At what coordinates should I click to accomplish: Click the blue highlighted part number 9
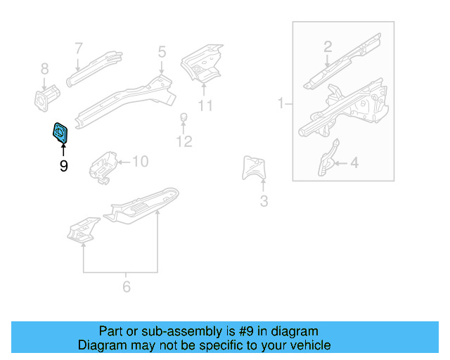coord(61,131)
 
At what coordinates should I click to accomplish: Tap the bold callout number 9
coord(63,166)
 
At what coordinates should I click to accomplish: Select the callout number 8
coord(44,69)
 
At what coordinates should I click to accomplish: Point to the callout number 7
coord(79,48)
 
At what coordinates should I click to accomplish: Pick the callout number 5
coord(162,51)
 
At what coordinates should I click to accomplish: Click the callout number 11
coord(205,105)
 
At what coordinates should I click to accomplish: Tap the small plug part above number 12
coord(183,117)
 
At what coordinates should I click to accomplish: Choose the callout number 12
coord(184,141)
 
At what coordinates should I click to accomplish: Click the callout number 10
coord(140,162)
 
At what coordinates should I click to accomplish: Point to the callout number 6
coord(127,286)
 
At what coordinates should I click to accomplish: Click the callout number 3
coord(264,202)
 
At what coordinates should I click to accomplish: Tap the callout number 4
coord(354,163)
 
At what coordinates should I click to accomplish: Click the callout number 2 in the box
coord(328,47)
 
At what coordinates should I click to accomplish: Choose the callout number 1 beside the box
coord(281,103)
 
